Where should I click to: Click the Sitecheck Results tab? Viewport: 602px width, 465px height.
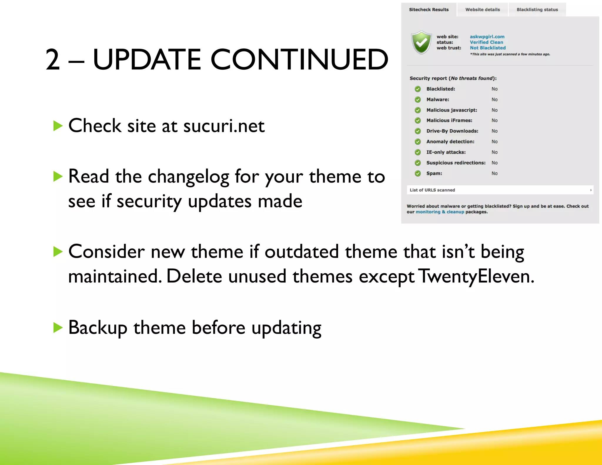(429, 10)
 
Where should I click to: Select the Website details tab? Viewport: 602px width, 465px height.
(482, 10)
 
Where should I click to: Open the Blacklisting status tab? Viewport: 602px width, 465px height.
(537, 10)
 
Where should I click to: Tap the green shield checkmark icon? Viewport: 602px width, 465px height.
(422, 43)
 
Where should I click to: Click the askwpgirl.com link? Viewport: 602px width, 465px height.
(487, 37)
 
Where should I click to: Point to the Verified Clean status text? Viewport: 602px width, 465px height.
(486, 42)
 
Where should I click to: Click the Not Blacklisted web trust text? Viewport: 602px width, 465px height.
(487, 48)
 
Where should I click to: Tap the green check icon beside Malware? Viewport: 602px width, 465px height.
(418, 100)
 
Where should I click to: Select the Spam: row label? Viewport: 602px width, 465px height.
(434, 173)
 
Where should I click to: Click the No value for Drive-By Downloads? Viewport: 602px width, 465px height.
(494, 131)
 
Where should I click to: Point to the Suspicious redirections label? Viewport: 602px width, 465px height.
(456, 163)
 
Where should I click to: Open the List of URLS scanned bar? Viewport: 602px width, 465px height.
(500, 190)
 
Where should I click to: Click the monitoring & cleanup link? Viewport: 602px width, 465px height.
(440, 212)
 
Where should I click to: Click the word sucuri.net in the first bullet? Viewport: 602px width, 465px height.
(224, 126)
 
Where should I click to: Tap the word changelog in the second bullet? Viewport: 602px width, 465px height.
(188, 177)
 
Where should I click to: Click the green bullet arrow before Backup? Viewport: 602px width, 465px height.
(58, 327)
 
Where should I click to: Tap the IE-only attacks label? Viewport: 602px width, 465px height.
(446, 152)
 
